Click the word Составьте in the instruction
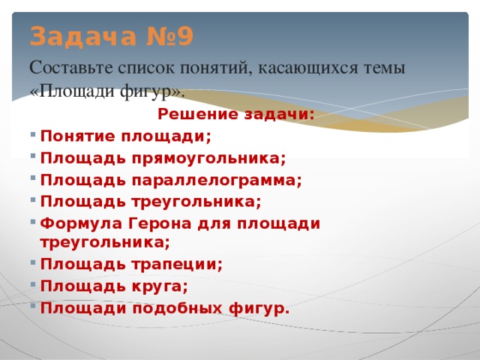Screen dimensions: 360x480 click(x=70, y=67)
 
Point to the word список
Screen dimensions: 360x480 click(x=147, y=67)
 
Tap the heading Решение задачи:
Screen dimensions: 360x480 click(x=236, y=114)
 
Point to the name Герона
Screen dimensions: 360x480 click(x=158, y=223)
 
